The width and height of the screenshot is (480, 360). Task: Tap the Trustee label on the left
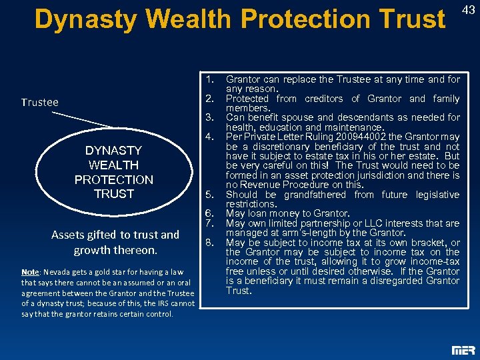(39, 102)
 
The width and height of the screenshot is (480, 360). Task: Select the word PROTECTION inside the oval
(113, 179)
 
